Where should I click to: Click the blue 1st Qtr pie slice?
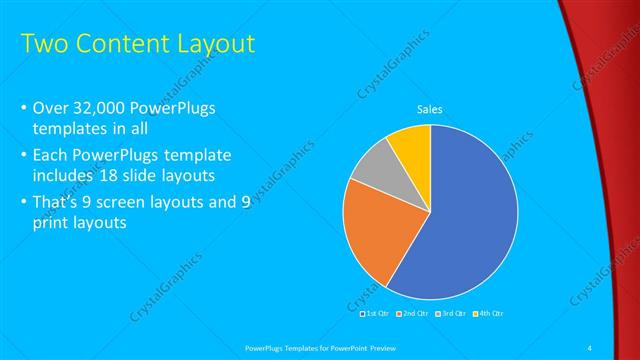[470, 220]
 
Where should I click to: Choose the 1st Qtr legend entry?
[377, 314]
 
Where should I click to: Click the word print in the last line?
[51, 223]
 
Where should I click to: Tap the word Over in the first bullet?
[51, 108]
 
